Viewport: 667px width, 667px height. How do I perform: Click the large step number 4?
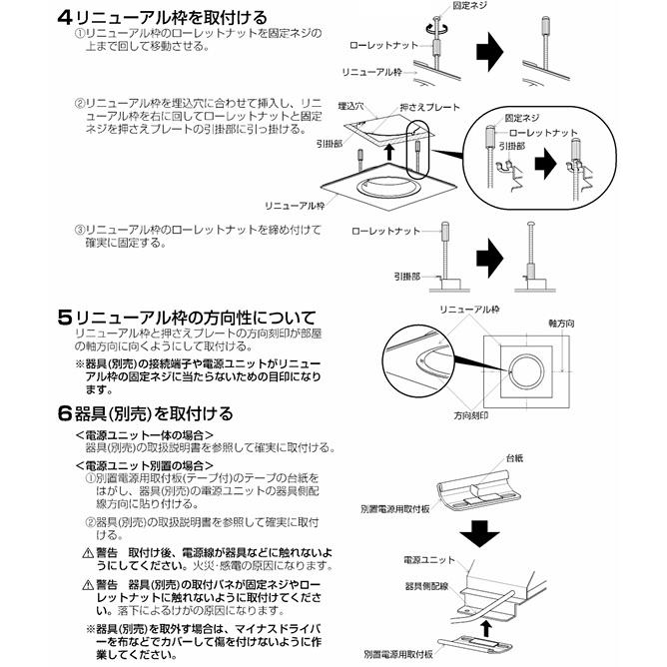click(66, 18)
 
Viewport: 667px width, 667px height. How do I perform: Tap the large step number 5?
click(66, 318)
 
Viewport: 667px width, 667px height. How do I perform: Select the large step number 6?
click(65, 414)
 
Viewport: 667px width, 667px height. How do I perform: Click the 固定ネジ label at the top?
click(469, 6)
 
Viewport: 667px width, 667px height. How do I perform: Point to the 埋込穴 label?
click(351, 106)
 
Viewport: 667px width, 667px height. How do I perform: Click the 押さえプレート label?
click(430, 107)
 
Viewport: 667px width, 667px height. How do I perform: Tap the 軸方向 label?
click(561, 324)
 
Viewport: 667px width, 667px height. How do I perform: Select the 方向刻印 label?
click(471, 415)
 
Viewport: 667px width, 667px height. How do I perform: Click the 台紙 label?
click(514, 458)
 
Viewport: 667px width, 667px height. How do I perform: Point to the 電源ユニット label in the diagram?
click(429, 560)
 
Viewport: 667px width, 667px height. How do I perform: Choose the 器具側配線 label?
click(426, 586)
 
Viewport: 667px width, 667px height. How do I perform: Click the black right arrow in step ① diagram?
click(489, 52)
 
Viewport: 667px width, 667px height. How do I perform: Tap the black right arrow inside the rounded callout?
click(545, 164)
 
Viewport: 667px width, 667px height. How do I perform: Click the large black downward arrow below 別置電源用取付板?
click(480, 535)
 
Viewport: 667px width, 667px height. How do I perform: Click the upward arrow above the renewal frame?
click(387, 152)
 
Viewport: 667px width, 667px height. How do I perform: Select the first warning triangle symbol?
click(88, 553)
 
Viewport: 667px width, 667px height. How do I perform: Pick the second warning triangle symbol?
click(88, 584)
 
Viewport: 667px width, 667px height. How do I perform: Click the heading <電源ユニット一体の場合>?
click(144, 435)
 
